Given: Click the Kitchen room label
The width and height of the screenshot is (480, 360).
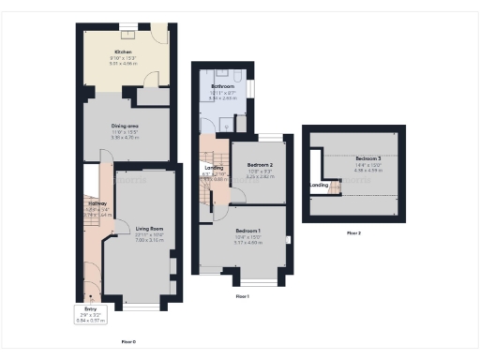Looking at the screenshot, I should coord(123,52).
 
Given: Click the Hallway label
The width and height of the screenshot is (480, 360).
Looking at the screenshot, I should coord(97,203).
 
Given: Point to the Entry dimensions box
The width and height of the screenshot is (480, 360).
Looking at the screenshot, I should coord(91,313).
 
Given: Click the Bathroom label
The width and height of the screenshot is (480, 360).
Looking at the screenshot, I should coord(222,86).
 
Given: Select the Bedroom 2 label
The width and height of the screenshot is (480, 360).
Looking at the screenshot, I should coord(260,165).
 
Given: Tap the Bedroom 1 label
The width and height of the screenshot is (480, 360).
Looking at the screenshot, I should coord(248,231).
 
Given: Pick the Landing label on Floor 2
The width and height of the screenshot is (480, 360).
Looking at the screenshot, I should coord(320,186).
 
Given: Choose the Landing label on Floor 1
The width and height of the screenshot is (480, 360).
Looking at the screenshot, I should coord(214,168).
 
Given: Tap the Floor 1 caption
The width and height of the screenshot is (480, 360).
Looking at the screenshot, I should coord(242,295).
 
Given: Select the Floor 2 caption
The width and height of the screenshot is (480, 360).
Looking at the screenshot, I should coord(353,232).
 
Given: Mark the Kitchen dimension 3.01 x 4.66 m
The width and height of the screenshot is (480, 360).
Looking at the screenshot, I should coord(124,65).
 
